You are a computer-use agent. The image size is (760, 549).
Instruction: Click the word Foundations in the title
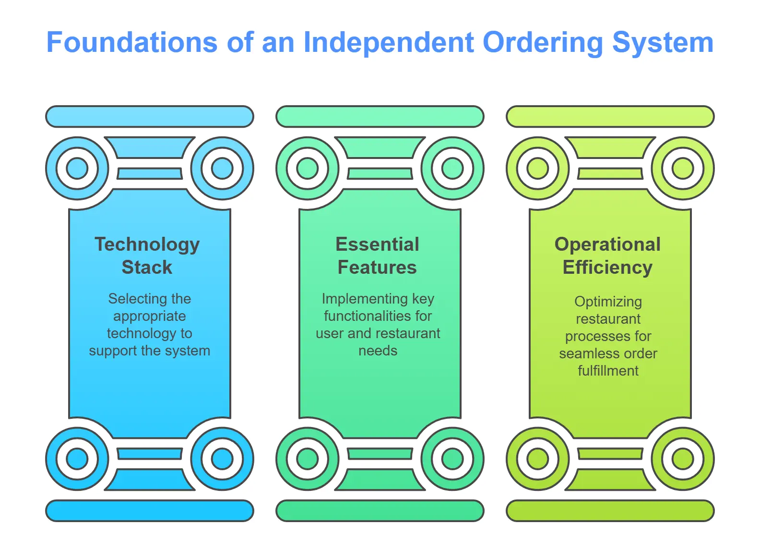(131, 42)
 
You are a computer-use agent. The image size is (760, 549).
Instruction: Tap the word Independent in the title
(389, 42)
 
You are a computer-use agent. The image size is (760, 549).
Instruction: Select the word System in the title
(663, 43)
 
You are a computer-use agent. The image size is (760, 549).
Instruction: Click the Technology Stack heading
(147, 256)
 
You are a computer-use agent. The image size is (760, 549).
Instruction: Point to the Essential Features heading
(377, 256)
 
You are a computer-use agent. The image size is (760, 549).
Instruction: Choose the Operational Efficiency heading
(607, 256)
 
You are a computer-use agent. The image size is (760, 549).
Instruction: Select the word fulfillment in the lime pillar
(608, 371)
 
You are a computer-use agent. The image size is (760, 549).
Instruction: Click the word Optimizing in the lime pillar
(608, 302)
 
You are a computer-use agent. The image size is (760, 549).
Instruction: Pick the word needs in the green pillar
(378, 351)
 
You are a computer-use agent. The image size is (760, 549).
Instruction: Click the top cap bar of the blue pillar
(150, 117)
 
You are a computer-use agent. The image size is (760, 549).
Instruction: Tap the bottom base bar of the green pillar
(380, 511)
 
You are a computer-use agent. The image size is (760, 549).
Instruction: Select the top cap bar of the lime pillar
(610, 117)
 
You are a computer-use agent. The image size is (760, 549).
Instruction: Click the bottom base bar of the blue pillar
(150, 511)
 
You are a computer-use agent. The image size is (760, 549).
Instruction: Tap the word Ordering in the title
(543, 43)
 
